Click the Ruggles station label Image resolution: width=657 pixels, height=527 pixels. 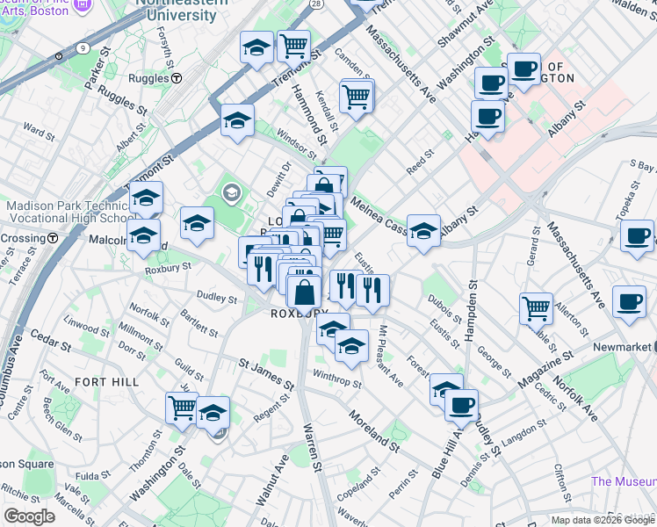[x=148, y=78]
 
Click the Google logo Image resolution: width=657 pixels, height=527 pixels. [x=30, y=516]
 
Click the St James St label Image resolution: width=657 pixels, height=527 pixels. [x=266, y=372]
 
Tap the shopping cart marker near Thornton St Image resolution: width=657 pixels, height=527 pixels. [x=182, y=406]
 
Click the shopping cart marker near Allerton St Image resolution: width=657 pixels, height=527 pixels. [x=536, y=307]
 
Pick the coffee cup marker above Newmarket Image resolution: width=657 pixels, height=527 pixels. [x=629, y=300]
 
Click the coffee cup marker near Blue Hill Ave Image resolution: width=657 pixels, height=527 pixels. [x=461, y=405]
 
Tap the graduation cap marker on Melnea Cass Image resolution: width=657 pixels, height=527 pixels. [x=423, y=231]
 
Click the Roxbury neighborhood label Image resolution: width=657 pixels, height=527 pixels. [x=292, y=314]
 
